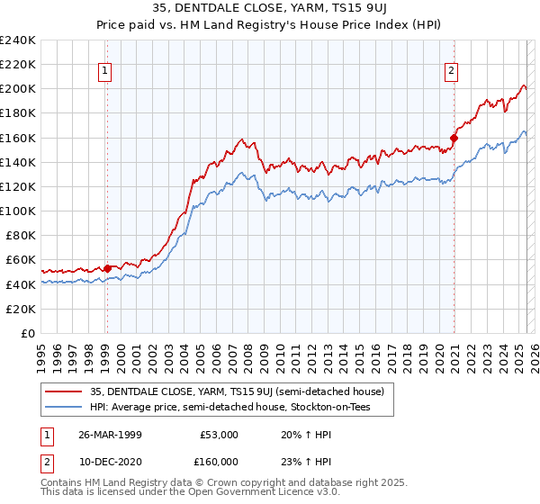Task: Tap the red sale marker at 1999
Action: (107, 267)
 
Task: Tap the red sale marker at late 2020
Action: (454, 139)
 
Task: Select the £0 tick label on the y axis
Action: (29, 333)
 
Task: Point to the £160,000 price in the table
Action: (219, 462)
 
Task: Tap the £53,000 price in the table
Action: (219, 434)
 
